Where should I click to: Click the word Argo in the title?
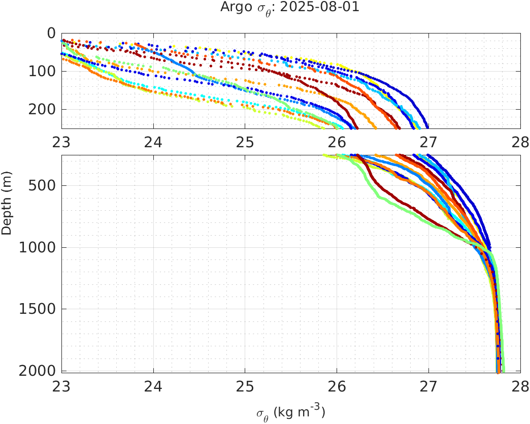pyautogui.click(x=233, y=8)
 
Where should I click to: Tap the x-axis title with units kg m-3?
pyautogui.click(x=291, y=412)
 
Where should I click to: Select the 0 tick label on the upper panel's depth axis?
pyautogui.click(x=51, y=34)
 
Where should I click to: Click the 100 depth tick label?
pyautogui.click(x=42, y=72)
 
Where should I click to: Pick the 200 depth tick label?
pyautogui.click(x=42, y=110)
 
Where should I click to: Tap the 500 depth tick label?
pyautogui.click(x=42, y=185)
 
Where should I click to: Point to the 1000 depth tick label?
pyautogui.click(x=37, y=248)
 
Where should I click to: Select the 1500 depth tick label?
pyautogui.click(x=37, y=309)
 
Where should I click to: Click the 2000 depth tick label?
pyautogui.click(x=37, y=371)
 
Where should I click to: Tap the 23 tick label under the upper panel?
pyautogui.click(x=62, y=143)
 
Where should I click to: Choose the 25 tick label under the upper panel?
pyautogui.click(x=245, y=143)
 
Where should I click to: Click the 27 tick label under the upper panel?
pyautogui.click(x=429, y=143)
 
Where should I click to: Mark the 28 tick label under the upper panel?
pyautogui.click(x=519, y=143)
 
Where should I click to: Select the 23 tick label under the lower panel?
pyautogui.click(x=62, y=387)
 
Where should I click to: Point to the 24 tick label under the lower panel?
pyautogui.click(x=154, y=387)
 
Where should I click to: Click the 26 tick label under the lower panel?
pyautogui.click(x=337, y=387)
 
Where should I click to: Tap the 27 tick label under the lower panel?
pyautogui.click(x=429, y=387)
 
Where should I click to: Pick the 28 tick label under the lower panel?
pyautogui.click(x=519, y=387)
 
